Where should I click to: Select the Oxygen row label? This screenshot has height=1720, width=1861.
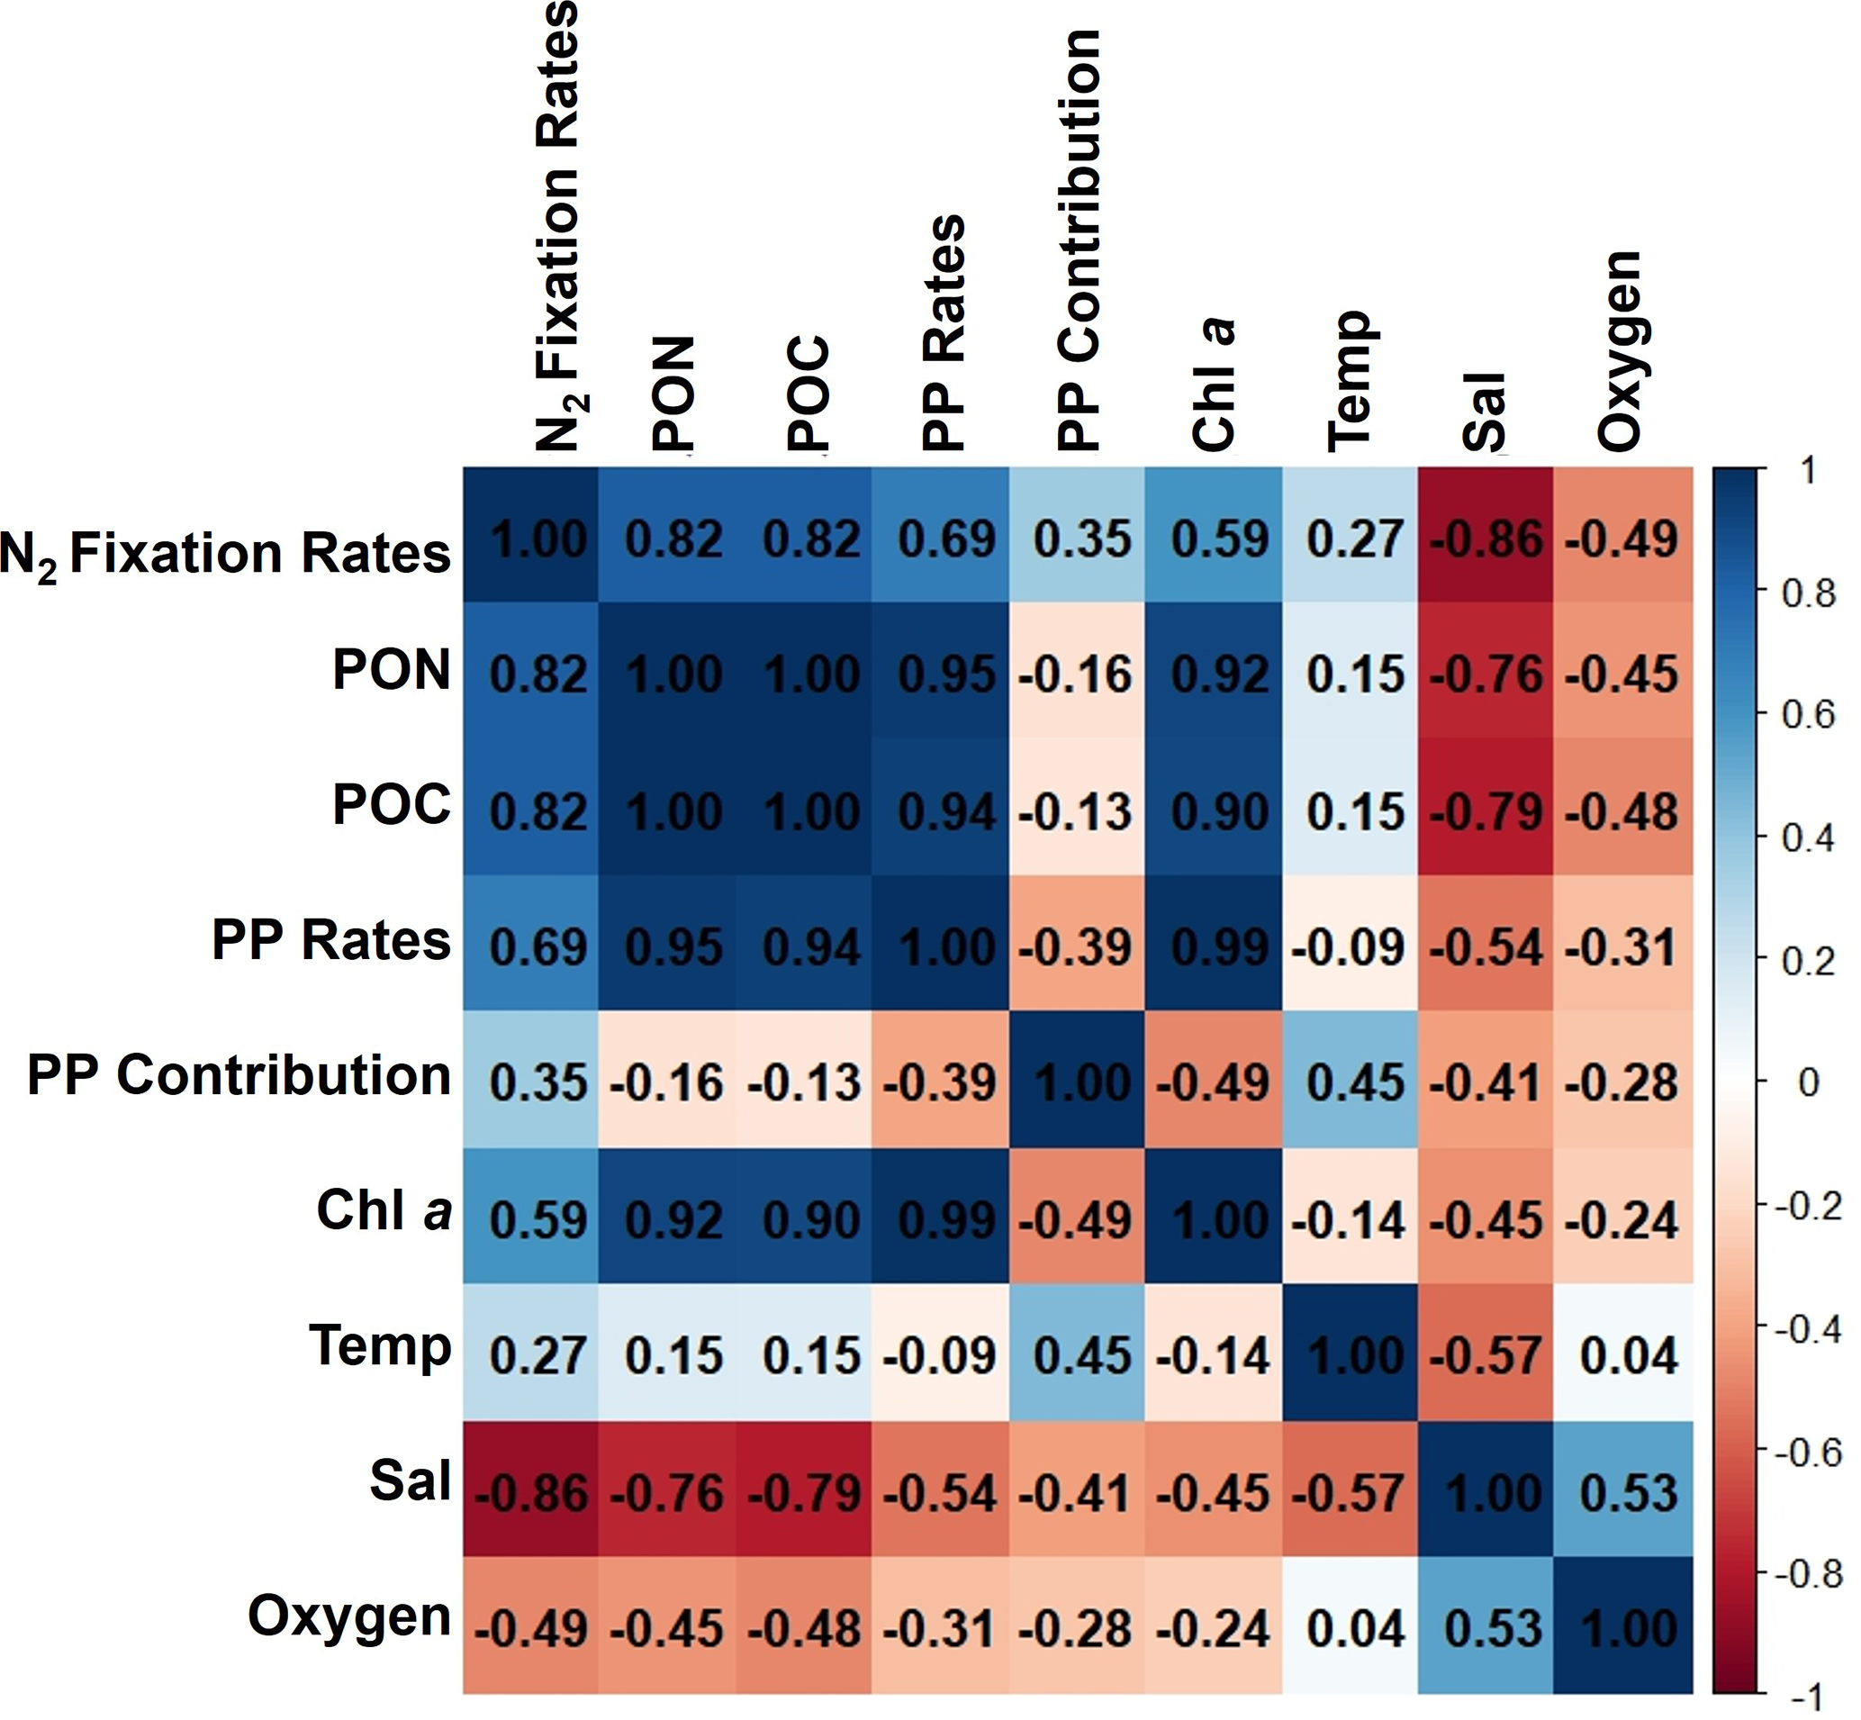coord(350,1616)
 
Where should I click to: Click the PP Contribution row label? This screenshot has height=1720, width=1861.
coord(239,1075)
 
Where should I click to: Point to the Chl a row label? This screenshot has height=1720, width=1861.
coord(384,1211)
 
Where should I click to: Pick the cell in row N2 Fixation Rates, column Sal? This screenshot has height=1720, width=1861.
coord(1486,537)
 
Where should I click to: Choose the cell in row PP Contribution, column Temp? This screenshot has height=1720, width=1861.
coord(1351,1081)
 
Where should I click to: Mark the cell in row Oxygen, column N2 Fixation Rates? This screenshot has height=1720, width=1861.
coord(530,1626)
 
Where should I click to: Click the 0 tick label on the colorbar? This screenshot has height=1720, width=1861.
coord(1808,1082)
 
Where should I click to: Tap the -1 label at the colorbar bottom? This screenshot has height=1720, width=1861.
coord(1807,1697)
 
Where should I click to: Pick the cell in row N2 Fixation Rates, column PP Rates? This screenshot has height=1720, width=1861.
coord(941,537)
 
